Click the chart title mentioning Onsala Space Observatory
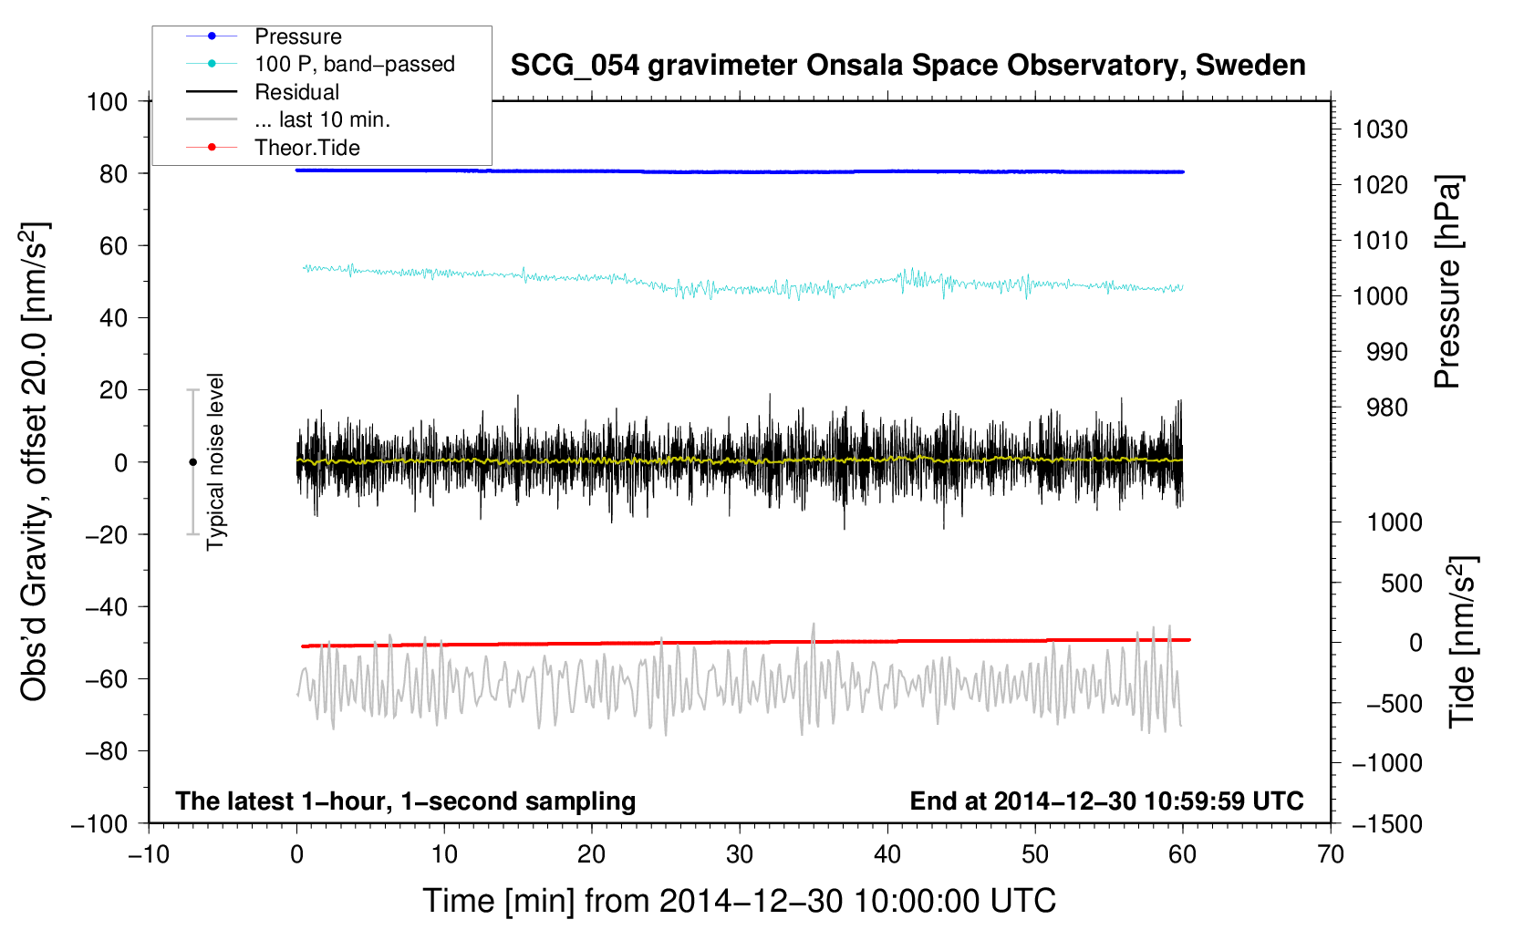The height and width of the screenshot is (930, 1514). [x=907, y=66]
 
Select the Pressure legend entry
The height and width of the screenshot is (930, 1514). [x=297, y=36]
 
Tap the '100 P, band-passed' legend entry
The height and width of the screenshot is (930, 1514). [x=354, y=64]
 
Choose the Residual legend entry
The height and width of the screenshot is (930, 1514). [x=296, y=92]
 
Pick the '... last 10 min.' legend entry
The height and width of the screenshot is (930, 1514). [x=322, y=119]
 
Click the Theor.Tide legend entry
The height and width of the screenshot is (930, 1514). [x=306, y=148]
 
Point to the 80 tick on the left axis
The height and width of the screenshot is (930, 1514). [x=113, y=173]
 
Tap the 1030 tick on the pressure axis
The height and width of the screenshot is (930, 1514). [x=1380, y=129]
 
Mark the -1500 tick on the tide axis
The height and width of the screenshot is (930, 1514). [x=1387, y=823]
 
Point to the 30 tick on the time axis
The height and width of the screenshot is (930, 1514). [x=740, y=854]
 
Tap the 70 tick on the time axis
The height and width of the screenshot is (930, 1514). [x=1331, y=854]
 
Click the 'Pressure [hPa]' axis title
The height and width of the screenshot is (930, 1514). [x=1447, y=283]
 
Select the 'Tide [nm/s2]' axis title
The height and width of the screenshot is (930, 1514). [x=1461, y=643]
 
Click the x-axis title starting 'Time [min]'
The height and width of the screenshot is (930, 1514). [x=740, y=901]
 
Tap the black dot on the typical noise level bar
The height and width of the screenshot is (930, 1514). [x=192, y=462]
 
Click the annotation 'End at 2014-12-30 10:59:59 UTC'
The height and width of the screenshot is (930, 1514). [x=1106, y=801]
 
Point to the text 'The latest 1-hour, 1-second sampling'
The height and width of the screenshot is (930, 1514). [x=406, y=801]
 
